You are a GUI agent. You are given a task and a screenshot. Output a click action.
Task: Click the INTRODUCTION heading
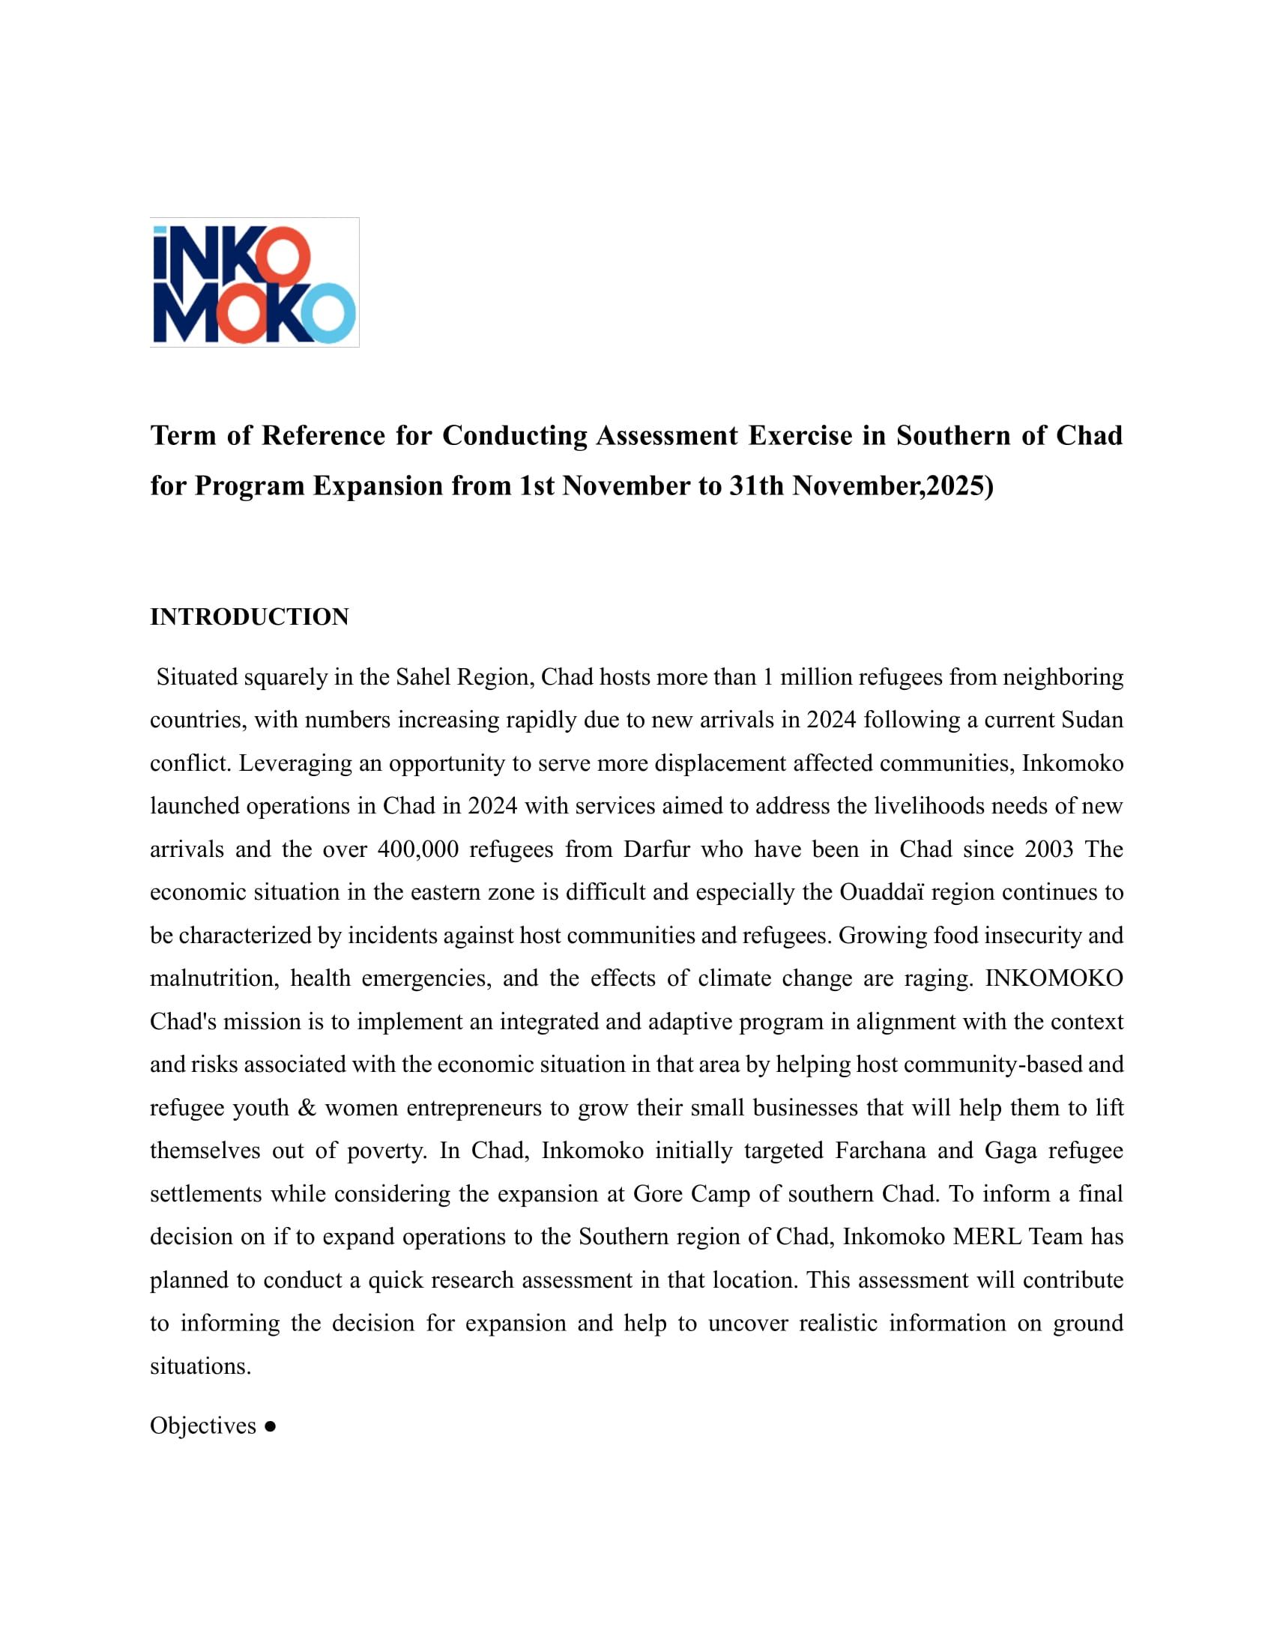click(249, 617)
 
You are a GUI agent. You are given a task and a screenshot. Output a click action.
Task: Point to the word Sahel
click(423, 677)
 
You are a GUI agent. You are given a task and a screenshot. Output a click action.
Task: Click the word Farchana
click(880, 1150)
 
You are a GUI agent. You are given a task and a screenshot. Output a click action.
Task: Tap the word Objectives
click(203, 1426)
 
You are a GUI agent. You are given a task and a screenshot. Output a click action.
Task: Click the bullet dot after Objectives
click(271, 1426)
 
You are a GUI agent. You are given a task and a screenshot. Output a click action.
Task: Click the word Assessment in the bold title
click(666, 435)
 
